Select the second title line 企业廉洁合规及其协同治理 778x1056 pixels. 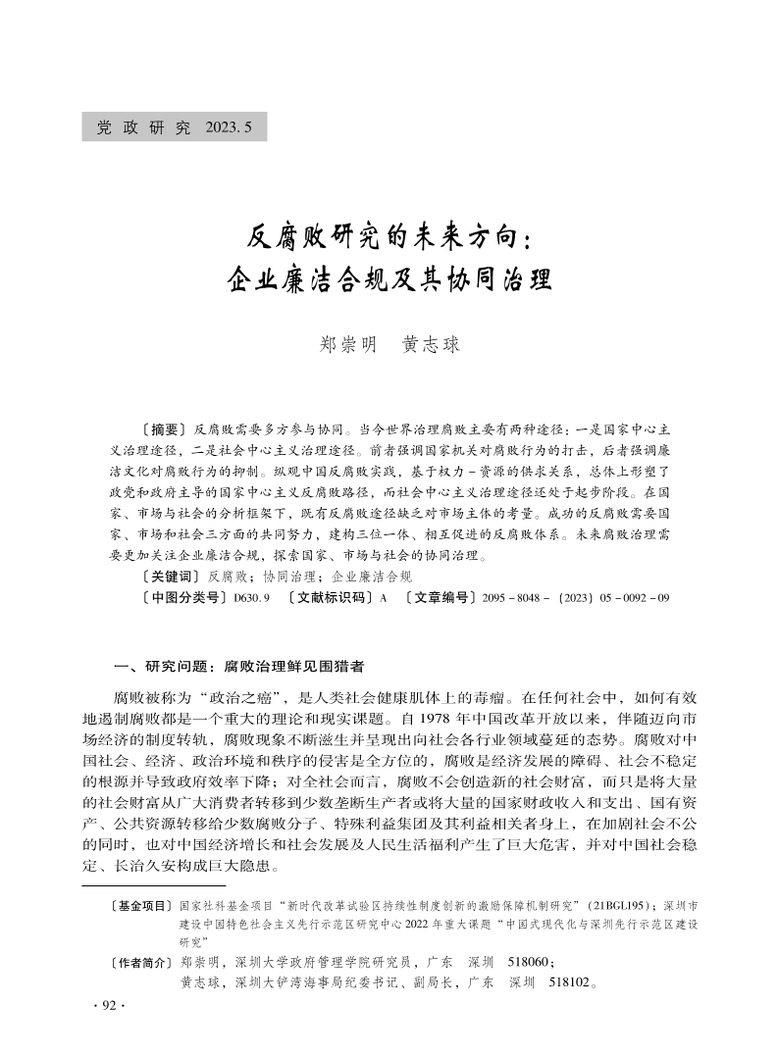click(389, 278)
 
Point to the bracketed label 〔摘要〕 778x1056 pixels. click(163, 429)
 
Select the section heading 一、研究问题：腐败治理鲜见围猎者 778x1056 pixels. click(238, 667)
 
